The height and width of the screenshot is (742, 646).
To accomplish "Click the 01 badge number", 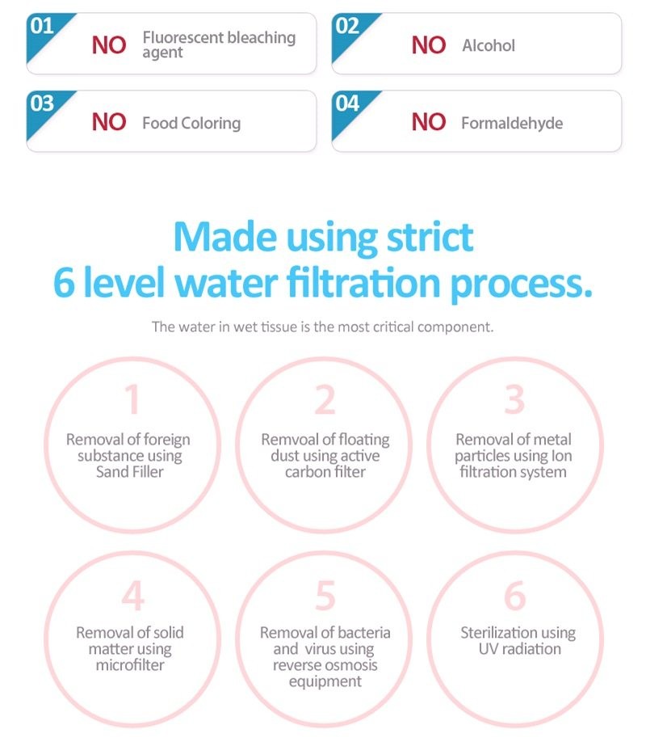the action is [x=42, y=26].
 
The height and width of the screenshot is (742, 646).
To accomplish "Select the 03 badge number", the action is [x=42, y=103].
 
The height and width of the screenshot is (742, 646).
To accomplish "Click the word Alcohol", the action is [x=489, y=45].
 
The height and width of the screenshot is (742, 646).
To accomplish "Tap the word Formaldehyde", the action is [x=512, y=123].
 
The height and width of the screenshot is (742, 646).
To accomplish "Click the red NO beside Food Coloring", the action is [x=109, y=122].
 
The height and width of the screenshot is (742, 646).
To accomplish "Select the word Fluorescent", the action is [x=182, y=37].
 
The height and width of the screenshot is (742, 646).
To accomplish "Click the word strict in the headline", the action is [x=430, y=237].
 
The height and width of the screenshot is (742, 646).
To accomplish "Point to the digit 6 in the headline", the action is [x=64, y=282].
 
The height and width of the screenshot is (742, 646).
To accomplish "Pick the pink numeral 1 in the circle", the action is [x=133, y=399].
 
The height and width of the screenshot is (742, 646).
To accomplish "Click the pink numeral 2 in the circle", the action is [x=325, y=399].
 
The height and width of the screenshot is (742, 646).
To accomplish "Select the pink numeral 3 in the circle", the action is [x=514, y=399].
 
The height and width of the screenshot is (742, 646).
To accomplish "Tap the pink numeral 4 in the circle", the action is [x=133, y=596].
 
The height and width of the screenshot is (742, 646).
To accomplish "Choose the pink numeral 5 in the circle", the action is [x=325, y=596].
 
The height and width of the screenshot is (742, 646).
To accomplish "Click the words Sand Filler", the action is [x=129, y=472].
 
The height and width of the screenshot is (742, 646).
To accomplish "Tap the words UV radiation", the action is [x=520, y=649].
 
